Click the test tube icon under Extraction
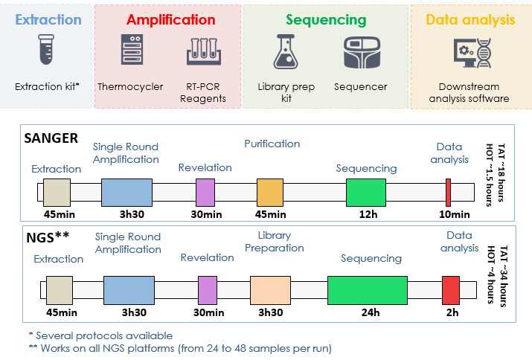(46, 50)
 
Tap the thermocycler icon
(132, 50)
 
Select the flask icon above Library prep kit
(286, 51)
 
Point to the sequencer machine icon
(362, 53)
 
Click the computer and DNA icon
(472, 53)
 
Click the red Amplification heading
(171, 19)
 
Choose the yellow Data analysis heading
(470, 19)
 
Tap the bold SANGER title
(51, 138)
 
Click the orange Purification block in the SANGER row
(270, 193)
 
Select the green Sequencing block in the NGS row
(368, 290)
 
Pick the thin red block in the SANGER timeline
(448, 193)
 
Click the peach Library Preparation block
(270, 290)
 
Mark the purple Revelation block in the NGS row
(208, 290)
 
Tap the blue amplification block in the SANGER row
(127, 193)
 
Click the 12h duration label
(368, 214)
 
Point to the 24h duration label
(371, 312)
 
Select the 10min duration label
(455, 214)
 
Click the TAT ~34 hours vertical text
(503, 276)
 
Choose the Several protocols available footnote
(100, 335)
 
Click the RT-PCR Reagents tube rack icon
(204, 51)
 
